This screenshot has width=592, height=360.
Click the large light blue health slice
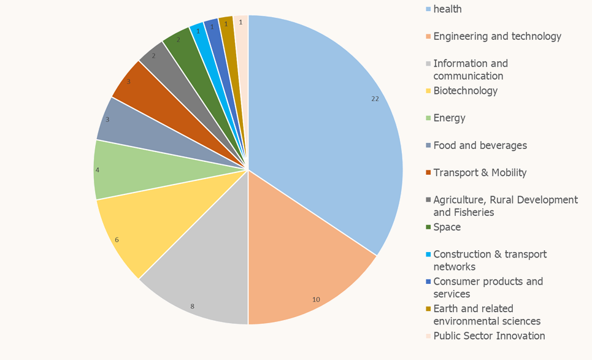coord(325,123)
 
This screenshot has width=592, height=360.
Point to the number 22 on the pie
coord(375,99)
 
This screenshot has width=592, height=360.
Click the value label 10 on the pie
coord(316,300)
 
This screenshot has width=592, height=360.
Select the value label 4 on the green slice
coord(97,169)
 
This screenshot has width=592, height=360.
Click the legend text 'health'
coord(447,9)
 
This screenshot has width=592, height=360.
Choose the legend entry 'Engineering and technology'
coord(497,36)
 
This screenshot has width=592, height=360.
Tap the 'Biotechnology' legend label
coord(465,91)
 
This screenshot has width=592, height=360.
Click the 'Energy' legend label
coord(449,118)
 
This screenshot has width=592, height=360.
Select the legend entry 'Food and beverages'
coord(480,145)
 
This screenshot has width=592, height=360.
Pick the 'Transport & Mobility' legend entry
coord(480,172)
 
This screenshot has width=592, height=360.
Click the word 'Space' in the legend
coord(447,227)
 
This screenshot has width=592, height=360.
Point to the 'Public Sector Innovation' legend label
coord(489,335)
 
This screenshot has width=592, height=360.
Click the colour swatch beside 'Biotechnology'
coord(428,91)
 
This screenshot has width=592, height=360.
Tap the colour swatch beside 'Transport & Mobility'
coord(428,173)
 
